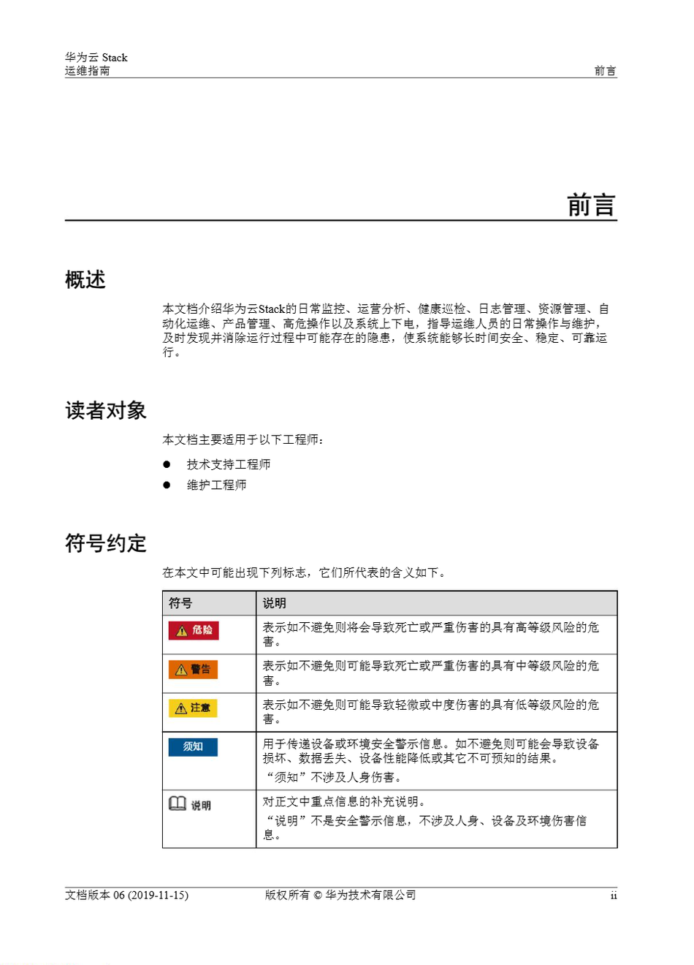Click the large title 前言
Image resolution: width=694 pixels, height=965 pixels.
pyautogui.click(x=591, y=205)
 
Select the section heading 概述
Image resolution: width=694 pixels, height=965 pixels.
pyautogui.click(x=85, y=280)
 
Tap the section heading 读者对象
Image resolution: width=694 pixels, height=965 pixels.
pyautogui.click(x=106, y=411)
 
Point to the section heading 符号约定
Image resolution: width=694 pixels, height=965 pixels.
pyautogui.click(x=106, y=543)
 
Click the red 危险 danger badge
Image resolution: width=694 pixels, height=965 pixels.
pyautogui.click(x=194, y=630)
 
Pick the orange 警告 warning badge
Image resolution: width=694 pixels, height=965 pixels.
pyautogui.click(x=194, y=669)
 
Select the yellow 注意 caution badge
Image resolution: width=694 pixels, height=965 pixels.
pyautogui.click(x=194, y=708)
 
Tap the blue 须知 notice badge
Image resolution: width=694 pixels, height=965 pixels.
pyautogui.click(x=193, y=746)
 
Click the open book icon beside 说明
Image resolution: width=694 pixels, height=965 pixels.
pyautogui.click(x=178, y=803)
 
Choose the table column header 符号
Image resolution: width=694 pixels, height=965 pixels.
pyautogui.click(x=180, y=603)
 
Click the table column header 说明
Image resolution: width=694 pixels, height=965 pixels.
pyautogui.click(x=275, y=603)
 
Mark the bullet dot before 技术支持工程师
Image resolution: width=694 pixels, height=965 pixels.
pyautogui.click(x=167, y=464)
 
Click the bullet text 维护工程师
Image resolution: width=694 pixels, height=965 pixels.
pyautogui.click(x=216, y=485)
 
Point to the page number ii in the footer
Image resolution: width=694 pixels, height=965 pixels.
pyautogui.click(x=613, y=896)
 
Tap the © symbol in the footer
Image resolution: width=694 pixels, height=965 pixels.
pyautogui.click(x=318, y=896)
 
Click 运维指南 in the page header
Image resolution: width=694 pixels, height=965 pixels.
pyautogui.click(x=88, y=71)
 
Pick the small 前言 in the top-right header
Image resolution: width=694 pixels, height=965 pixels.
pyautogui.click(x=605, y=71)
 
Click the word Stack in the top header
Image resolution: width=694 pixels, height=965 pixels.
pyautogui.click(x=115, y=58)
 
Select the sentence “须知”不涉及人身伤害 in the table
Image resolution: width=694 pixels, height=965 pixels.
pyautogui.click(x=333, y=777)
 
